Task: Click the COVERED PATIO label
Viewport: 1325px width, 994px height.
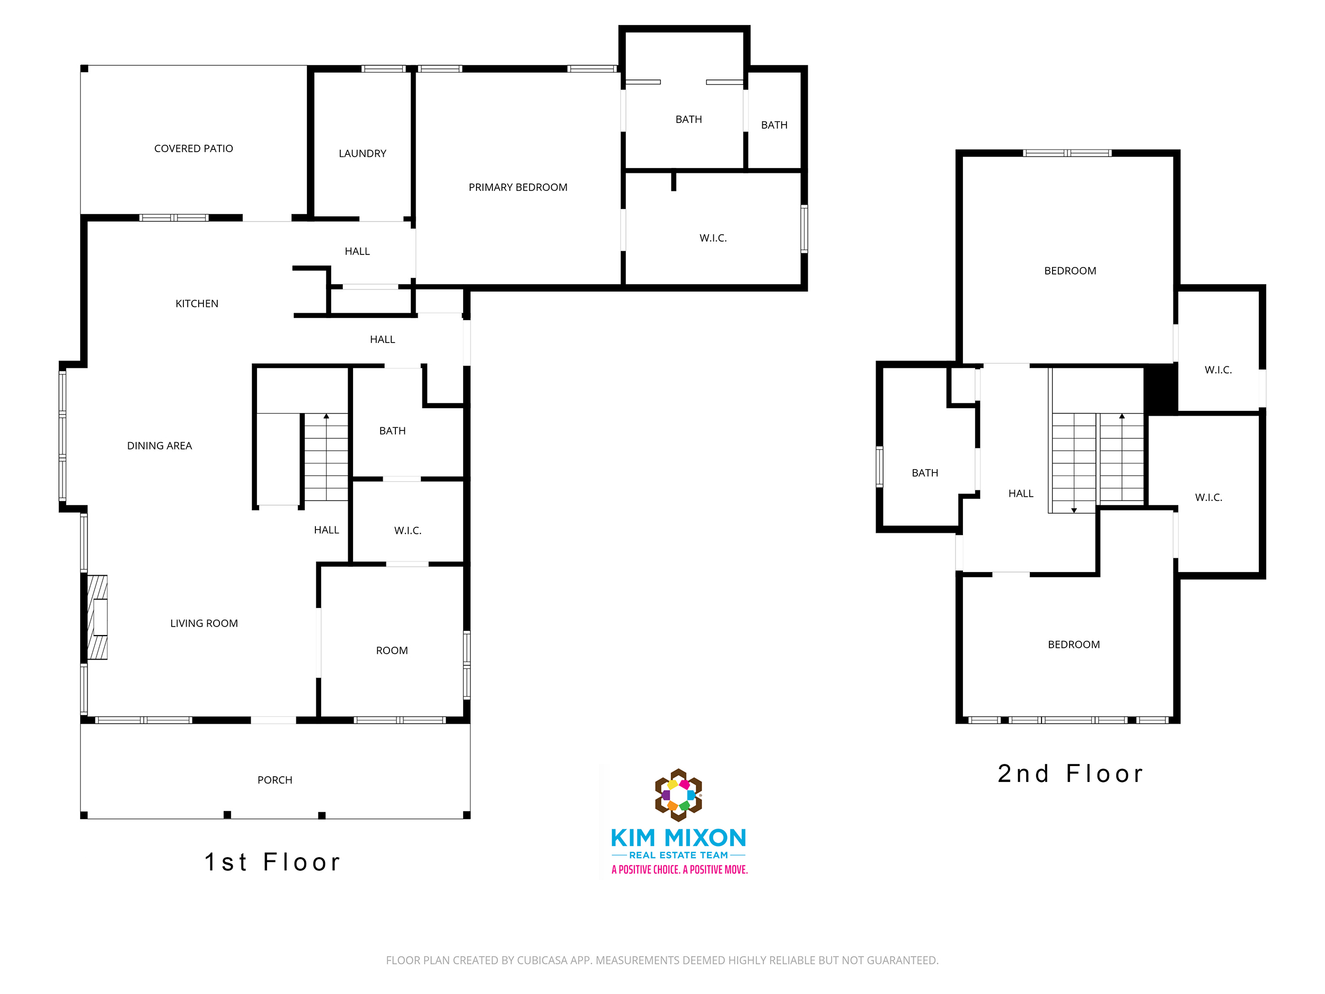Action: point(193,148)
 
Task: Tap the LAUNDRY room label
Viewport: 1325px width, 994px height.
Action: point(363,153)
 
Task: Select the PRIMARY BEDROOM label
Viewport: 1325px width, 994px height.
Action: point(517,188)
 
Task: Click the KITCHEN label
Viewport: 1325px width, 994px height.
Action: point(197,304)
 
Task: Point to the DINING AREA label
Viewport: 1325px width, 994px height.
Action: point(160,446)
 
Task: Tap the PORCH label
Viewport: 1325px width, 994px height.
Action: point(275,780)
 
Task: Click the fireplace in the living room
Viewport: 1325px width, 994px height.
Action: point(98,617)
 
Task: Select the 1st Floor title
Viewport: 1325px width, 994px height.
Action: point(272,862)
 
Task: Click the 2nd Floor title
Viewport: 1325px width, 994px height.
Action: point(1071,773)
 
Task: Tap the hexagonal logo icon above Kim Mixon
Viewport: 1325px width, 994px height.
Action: point(678,795)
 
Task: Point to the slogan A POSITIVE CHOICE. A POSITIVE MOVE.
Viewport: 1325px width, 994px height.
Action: point(679,870)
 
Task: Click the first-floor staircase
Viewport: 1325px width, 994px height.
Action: point(326,457)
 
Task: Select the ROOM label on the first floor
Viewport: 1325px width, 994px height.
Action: point(392,650)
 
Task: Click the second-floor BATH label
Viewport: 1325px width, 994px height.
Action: point(925,473)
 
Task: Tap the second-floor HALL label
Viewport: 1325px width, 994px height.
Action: point(1021,494)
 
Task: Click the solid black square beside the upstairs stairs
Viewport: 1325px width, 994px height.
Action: point(1161,390)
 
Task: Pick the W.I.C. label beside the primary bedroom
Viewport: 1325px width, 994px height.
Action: point(713,238)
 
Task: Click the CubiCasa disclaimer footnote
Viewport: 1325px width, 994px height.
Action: point(662,961)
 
